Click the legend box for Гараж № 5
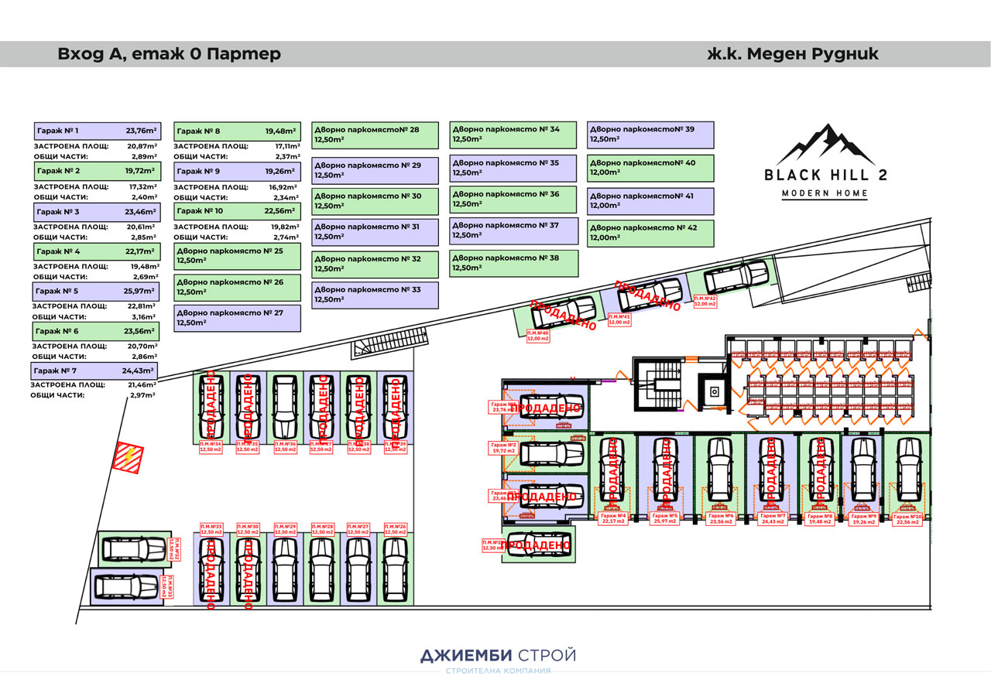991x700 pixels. [94, 292]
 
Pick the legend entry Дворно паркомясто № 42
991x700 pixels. [651, 233]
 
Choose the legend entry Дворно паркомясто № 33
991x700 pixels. [375, 295]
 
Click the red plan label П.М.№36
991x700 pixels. [286, 446]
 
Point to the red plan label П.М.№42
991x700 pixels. [705, 301]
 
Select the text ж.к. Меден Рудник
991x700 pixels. [793, 54]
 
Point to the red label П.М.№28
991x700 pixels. [322, 529]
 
